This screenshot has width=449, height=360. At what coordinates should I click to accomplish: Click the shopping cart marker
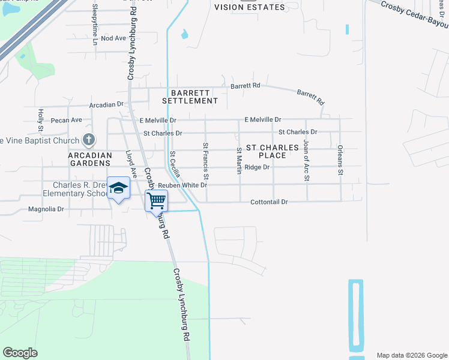pyautogui.click(x=156, y=200)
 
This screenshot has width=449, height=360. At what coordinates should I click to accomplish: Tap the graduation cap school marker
pyautogui.click(x=118, y=188)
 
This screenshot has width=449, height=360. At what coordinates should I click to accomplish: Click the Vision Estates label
pyautogui.click(x=249, y=7)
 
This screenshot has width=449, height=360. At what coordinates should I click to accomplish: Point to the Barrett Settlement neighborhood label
pyautogui.click(x=194, y=97)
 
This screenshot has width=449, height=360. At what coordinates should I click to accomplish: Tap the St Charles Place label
pyautogui.click(x=273, y=151)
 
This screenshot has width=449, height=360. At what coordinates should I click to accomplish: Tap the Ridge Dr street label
pyautogui.click(x=257, y=167)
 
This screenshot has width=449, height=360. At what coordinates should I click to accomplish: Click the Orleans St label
pyautogui.click(x=340, y=160)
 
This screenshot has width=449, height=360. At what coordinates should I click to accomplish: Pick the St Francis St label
pyautogui.click(x=206, y=161)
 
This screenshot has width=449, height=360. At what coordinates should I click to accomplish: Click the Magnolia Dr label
pyautogui.click(x=46, y=209)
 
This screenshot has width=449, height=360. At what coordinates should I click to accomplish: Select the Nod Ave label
pyautogui.click(x=113, y=38)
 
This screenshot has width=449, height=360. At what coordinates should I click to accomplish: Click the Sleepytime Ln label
pyautogui.click(x=95, y=23)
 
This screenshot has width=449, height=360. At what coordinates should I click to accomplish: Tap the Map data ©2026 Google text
pyautogui.click(x=411, y=355)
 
